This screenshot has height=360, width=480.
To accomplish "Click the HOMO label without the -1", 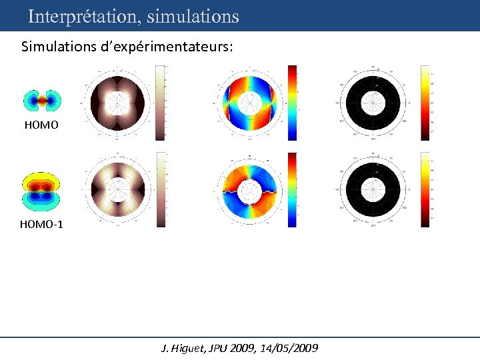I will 41,125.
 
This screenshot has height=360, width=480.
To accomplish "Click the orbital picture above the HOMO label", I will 43,101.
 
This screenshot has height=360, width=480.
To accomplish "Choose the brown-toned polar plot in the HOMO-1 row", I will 117,189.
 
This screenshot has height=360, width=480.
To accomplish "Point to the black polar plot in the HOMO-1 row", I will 373,189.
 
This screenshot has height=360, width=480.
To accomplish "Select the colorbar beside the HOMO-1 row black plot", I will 425,189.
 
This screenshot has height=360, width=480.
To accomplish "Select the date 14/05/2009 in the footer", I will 292,348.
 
